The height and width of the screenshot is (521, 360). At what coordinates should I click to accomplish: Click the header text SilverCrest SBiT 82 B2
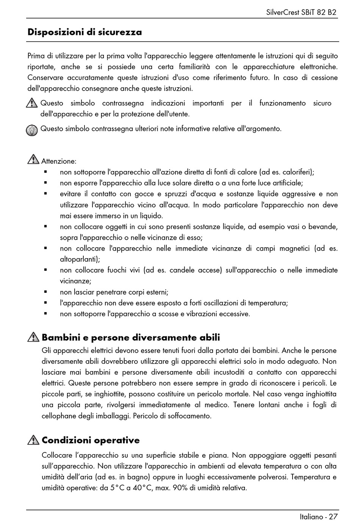301,12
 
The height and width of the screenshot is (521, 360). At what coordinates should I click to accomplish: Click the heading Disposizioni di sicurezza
85,32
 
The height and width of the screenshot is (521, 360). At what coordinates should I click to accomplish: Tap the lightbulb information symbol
32,130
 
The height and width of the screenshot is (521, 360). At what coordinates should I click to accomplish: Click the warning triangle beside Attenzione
33,159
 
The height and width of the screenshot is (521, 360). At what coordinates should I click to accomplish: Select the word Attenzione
58,161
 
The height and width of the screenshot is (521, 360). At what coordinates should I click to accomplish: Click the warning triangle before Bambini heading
33,337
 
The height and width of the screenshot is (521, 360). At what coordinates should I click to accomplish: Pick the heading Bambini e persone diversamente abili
131,337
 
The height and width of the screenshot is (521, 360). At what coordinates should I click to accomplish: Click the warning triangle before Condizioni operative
33,440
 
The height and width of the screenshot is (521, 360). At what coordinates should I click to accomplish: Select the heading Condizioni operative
91,440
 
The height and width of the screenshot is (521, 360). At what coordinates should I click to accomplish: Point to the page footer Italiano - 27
318,516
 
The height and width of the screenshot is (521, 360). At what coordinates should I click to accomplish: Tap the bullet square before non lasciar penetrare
45,292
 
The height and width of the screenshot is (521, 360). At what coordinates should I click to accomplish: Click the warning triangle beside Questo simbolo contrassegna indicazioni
33,102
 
